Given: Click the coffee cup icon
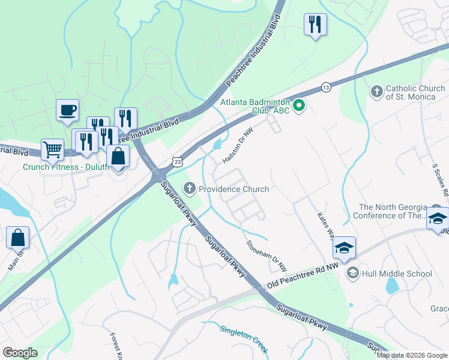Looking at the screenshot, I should click(67, 110).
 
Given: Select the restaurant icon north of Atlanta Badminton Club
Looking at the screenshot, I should click(315, 25).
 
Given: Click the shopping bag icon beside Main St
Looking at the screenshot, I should click(17, 238).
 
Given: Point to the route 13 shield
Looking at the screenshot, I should click(325, 87).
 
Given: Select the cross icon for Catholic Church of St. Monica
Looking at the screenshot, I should click(376, 92).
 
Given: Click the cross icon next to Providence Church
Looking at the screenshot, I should click(190, 189).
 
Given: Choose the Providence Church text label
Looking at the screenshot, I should click(234, 189).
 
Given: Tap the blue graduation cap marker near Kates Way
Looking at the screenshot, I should click(344, 247).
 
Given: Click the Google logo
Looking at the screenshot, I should click(20, 353).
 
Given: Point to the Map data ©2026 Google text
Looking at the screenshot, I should click(412, 355).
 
